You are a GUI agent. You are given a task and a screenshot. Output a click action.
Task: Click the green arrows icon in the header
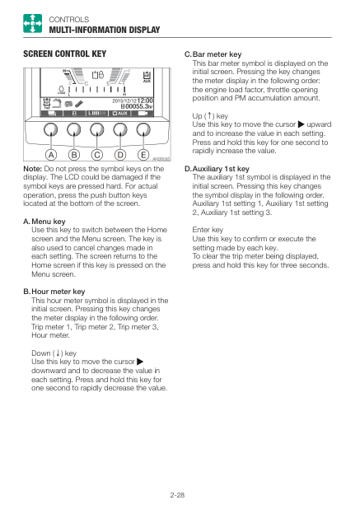32,23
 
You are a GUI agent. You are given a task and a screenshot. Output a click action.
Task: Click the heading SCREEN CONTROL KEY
64,54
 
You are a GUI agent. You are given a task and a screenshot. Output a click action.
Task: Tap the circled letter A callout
51,154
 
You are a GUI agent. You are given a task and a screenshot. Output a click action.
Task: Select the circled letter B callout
74,154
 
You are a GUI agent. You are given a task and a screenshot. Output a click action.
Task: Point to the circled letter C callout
97,154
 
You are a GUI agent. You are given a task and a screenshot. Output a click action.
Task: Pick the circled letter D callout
120,154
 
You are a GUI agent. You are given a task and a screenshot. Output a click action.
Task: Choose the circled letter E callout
143,154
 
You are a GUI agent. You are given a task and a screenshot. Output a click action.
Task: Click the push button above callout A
50,130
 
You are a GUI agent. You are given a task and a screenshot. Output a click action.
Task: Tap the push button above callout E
143,130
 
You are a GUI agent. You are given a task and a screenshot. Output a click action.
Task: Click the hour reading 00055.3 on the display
139,106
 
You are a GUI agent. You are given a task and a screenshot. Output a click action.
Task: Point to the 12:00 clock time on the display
145,100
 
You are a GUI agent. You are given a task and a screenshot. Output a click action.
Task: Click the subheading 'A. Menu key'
44,222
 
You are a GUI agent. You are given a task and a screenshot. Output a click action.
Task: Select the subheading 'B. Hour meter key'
54,292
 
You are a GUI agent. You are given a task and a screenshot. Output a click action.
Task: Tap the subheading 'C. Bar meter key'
213,54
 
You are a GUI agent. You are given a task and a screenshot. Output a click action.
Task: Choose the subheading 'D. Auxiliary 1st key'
217,169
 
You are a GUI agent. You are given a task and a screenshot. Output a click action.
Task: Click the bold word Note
32,169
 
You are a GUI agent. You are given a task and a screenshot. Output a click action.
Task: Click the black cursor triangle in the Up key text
302,124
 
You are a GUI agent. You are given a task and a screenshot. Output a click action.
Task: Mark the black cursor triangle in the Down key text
140,362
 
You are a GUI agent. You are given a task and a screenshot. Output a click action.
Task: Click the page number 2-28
177,495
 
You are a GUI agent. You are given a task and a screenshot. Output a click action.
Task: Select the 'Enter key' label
208,230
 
